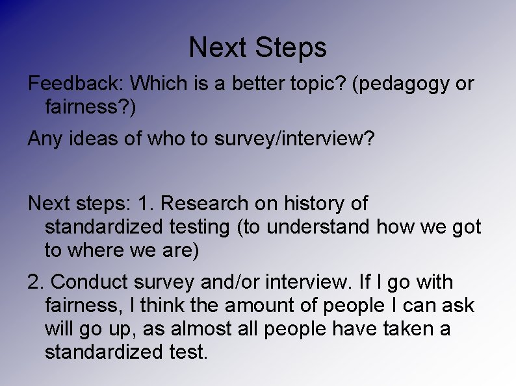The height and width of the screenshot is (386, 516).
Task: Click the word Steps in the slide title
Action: pos(291,48)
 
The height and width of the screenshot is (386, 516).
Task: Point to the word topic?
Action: pos(313,84)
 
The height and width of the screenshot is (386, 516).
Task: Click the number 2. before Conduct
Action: pos(36,282)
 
